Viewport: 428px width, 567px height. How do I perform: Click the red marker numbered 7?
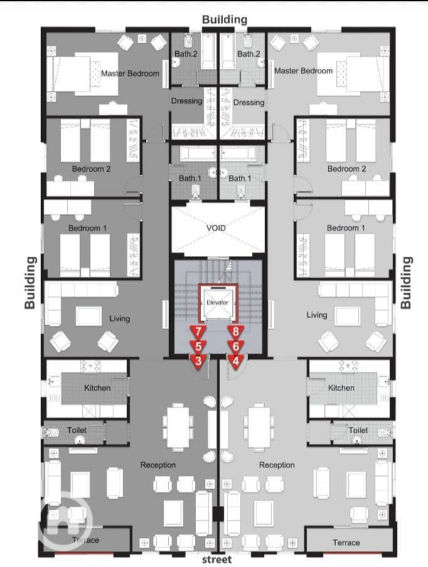[198, 332]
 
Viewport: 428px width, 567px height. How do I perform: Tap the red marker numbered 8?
[236, 332]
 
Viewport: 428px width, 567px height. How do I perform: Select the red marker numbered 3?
[198, 361]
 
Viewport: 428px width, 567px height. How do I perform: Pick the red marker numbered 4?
[236, 361]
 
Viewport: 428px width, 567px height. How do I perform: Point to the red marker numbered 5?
[198, 347]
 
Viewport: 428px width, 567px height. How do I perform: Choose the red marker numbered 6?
[236, 347]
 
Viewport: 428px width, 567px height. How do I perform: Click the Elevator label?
[217, 302]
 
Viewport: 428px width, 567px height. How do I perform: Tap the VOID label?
[216, 228]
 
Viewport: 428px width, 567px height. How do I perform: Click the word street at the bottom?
[217, 559]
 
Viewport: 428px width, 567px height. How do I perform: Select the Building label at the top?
[225, 19]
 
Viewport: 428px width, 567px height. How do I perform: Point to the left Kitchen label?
[97, 388]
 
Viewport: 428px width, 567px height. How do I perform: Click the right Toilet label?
[358, 430]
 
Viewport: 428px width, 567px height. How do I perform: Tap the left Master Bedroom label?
[130, 73]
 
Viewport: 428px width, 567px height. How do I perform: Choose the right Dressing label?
[249, 103]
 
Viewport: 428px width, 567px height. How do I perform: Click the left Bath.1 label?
[190, 178]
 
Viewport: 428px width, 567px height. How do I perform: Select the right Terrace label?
[346, 543]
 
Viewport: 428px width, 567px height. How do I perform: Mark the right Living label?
[317, 315]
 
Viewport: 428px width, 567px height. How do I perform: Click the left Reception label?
[158, 465]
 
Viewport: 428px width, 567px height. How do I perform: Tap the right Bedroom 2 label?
[346, 169]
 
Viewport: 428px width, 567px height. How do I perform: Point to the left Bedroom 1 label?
[87, 228]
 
